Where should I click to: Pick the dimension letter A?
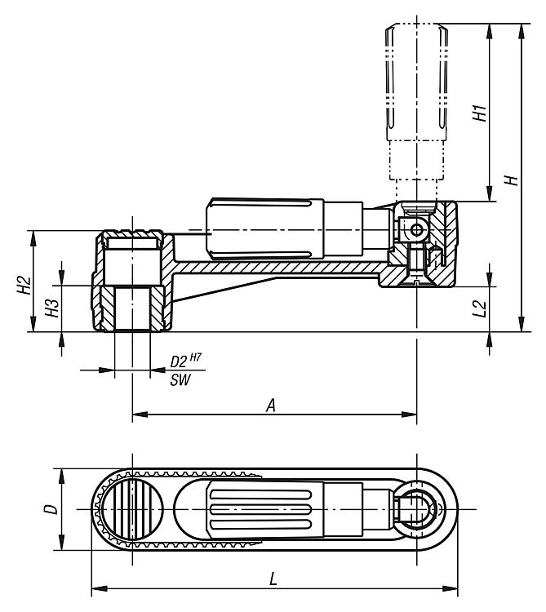(x=270, y=404)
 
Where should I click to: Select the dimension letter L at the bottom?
(x=273, y=578)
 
